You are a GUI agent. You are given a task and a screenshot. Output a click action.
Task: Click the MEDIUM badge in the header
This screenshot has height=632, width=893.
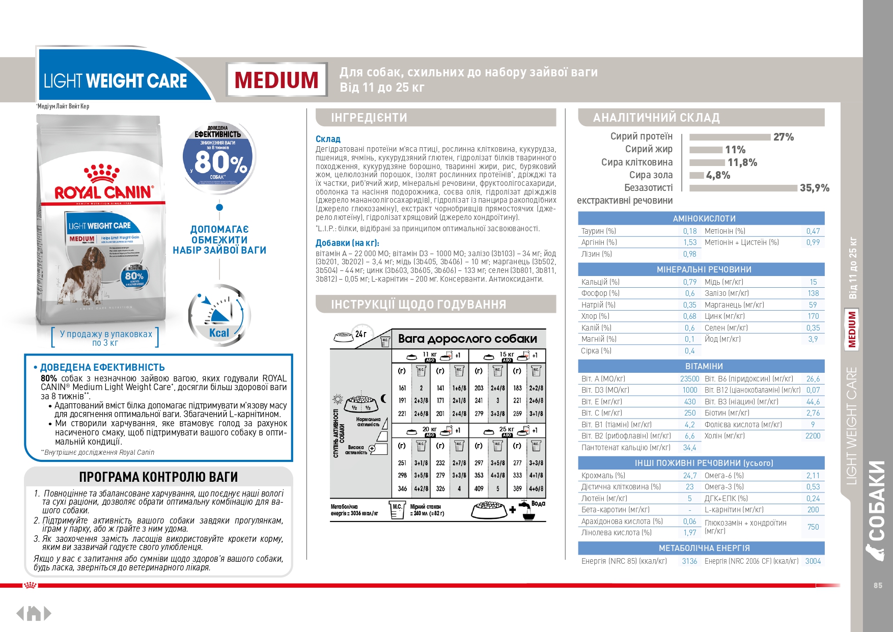pyautogui.click(x=276, y=80)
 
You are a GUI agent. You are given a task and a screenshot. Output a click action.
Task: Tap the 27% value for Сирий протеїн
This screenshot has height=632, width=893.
pyautogui.click(x=783, y=137)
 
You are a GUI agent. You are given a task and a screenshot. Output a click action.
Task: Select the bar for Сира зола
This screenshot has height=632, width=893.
pyautogui.click(x=696, y=175)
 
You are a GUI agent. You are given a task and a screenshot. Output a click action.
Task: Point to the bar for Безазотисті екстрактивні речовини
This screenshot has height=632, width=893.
pyautogui.click(x=743, y=188)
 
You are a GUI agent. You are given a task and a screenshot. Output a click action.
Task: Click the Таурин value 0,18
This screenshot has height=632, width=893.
pyautogui.click(x=689, y=231)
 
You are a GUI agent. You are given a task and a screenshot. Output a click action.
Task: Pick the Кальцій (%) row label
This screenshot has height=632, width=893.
pyautogui.click(x=600, y=282)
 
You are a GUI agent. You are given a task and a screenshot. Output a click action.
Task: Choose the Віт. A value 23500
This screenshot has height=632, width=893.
pyautogui.click(x=689, y=379)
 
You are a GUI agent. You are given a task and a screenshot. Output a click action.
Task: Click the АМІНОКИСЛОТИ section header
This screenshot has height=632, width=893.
pyautogui.click(x=704, y=218)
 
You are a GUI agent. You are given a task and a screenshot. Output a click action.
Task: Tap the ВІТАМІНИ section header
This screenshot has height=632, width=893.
pyautogui.click(x=704, y=366)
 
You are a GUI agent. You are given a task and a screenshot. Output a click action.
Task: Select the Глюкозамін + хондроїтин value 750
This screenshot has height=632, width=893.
pyautogui.click(x=813, y=527)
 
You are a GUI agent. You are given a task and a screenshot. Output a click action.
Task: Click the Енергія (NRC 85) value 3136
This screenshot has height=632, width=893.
pyautogui.click(x=689, y=561)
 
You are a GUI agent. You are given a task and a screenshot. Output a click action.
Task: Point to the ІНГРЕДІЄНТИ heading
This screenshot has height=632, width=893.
pyautogui.click(x=369, y=118)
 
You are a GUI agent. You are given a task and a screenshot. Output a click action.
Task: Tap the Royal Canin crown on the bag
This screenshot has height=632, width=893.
pyautogui.click(x=102, y=173)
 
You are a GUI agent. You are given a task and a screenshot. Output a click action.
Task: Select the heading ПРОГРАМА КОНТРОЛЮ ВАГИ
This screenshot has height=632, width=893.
pyautogui.click(x=158, y=477)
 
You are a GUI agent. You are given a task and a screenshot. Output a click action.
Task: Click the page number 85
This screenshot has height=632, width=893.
pyautogui.click(x=878, y=586)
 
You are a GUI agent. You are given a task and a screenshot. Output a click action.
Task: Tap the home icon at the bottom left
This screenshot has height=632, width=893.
pyautogui.click(x=34, y=613)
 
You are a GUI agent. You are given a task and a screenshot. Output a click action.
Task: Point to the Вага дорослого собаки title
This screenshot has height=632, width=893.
pyautogui.click(x=467, y=339)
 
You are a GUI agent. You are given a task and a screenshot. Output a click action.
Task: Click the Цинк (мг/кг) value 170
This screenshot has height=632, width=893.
pyautogui.click(x=813, y=316)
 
